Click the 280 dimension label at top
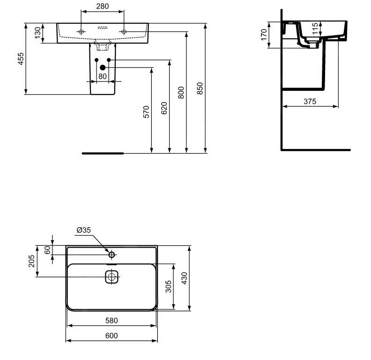[x=102, y=6]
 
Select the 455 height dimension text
[x=21, y=59]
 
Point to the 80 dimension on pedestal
[x=103, y=76]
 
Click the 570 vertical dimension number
[x=146, y=111]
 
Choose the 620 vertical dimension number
[x=163, y=108]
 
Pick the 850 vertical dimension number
[x=200, y=88]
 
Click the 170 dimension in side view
[x=264, y=34]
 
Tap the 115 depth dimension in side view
[x=315, y=29]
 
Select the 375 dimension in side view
[x=309, y=101]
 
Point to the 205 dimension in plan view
[x=31, y=261]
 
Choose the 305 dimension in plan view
[x=168, y=287]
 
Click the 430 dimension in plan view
[x=185, y=279]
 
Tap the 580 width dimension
[x=111, y=321]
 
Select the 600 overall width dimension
[x=111, y=335]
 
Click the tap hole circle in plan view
[x=111, y=255]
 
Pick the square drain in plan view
[x=111, y=277]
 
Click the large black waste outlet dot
[x=103, y=67]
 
